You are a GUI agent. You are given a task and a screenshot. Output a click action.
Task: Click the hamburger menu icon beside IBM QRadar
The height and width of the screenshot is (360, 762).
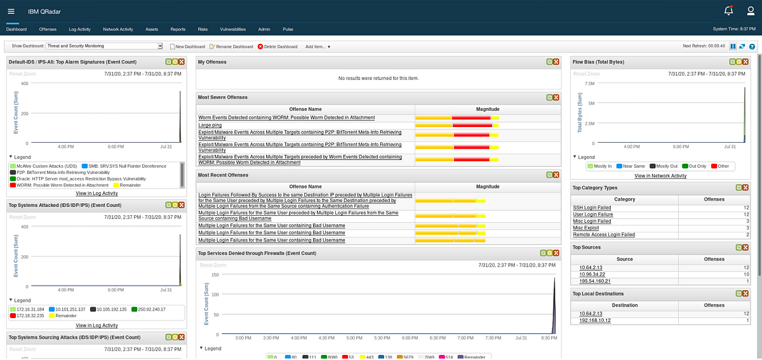(x=11, y=11)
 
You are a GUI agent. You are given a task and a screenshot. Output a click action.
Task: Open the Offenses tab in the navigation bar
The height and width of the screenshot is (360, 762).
(x=48, y=29)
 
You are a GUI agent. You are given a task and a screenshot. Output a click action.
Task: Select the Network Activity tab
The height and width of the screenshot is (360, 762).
(x=118, y=29)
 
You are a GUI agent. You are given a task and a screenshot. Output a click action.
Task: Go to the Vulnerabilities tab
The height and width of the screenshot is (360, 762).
(x=232, y=29)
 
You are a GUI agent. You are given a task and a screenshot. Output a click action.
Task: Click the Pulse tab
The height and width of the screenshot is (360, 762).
(x=288, y=29)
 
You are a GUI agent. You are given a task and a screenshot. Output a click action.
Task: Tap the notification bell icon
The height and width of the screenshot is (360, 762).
(x=729, y=10)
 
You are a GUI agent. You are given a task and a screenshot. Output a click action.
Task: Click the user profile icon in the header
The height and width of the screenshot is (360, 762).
(x=749, y=10)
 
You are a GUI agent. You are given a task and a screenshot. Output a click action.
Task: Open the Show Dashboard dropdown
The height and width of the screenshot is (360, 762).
(x=105, y=46)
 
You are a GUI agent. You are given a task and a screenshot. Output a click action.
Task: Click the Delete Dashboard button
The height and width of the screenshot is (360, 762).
(x=277, y=46)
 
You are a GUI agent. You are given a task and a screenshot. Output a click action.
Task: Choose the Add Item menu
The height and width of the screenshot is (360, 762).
(x=317, y=46)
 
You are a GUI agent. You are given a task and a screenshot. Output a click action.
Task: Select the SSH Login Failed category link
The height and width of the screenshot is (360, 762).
(x=592, y=208)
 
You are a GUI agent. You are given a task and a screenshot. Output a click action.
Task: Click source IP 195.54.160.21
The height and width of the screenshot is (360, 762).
(x=595, y=281)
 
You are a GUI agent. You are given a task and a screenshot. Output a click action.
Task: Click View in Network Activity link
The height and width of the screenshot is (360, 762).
(x=660, y=176)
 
